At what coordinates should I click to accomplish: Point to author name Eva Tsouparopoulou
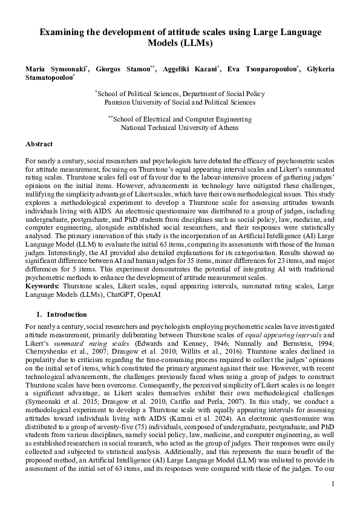pos(262,70)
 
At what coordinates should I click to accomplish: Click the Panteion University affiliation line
pos(180,103)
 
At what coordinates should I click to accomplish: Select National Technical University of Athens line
pos(180,128)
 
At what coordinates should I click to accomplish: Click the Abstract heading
pos(39,144)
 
